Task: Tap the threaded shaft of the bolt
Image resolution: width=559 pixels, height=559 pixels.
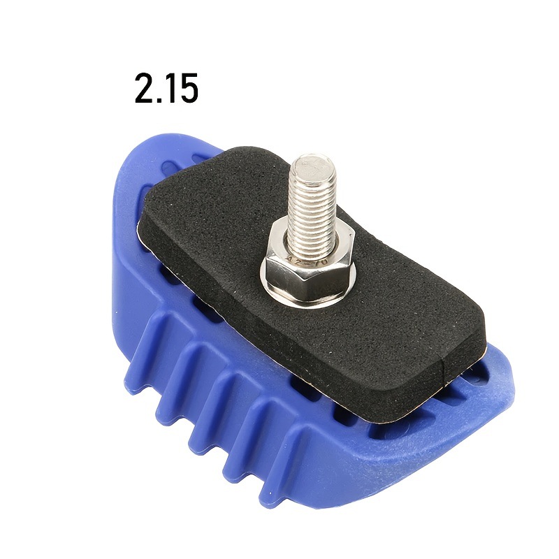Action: point(312,210)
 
